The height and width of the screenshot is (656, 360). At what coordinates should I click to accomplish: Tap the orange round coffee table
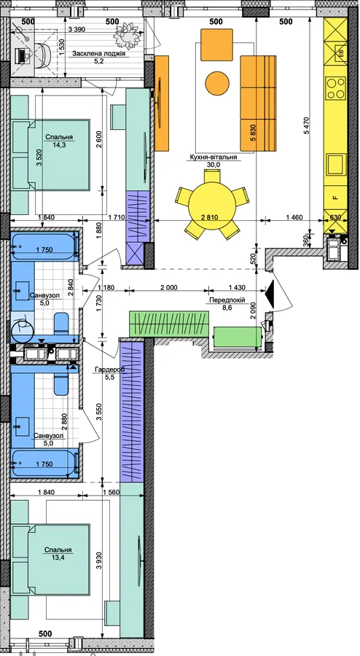[217, 83]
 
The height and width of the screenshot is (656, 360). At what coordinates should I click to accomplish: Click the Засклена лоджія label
[99, 53]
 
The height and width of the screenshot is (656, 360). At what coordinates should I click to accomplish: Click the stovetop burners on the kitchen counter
[336, 88]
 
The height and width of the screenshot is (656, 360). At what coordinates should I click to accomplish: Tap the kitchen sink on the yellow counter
[336, 165]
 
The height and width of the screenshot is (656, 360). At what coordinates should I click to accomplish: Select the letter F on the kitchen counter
[334, 198]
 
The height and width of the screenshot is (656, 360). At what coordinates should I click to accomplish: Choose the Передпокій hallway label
[227, 300]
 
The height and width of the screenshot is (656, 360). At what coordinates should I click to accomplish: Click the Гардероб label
[110, 370]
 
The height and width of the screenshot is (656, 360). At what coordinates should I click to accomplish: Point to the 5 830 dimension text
[252, 134]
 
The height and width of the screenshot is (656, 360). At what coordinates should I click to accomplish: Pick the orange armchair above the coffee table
[216, 44]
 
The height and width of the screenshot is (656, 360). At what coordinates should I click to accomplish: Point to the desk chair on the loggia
[44, 55]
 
